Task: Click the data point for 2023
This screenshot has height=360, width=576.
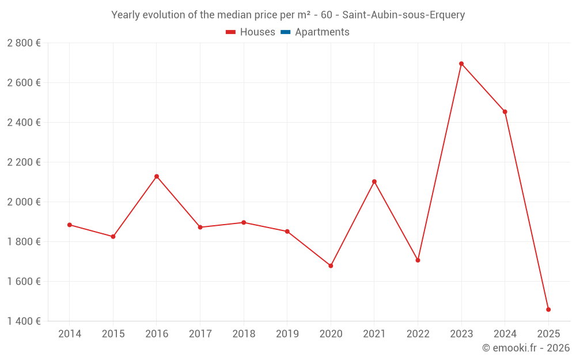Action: pyautogui.click(x=461, y=64)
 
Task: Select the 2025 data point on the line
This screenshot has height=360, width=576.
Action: pyautogui.click(x=548, y=309)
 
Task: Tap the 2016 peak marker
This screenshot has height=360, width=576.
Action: pyautogui.click(x=157, y=176)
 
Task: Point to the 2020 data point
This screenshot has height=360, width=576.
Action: pyautogui.click(x=331, y=266)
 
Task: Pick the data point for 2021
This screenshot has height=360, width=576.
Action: pyautogui.click(x=374, y=181)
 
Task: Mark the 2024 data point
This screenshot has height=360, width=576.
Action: pyautogui.click(x=505, y=112)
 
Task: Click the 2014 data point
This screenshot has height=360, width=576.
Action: pyautogui.click(x=70, y=225)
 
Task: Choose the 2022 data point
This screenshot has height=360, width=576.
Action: pyautogui.click(x=418, y=260)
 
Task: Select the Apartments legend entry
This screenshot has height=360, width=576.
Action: pyautogui.click(x=322, y=32)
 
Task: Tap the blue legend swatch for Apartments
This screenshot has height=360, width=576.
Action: pyautogui.click(x=285, y=32)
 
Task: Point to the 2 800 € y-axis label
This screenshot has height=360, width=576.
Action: pyautogui.click(x=24, y=43)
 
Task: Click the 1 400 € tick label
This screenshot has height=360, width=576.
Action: pyautogui.click(x=24, y=321)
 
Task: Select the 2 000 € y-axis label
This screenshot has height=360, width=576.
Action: pyautogui.click(x=24, y=202)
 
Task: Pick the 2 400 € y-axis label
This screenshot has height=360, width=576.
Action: pyautogui.click(x=24, y=123)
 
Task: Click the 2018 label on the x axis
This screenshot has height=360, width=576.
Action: pyautogui.click(x=244, y=334)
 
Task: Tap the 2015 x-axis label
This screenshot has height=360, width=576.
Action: pyautogui.click(x=113, y=334)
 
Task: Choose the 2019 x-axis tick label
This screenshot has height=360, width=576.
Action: pyautogui.click(x=287, y=334)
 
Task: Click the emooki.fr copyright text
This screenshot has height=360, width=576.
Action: pyautogui.click(x=526, y=348)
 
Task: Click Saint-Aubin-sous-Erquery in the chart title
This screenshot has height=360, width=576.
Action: pyautogui.click(x=403, y=15)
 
